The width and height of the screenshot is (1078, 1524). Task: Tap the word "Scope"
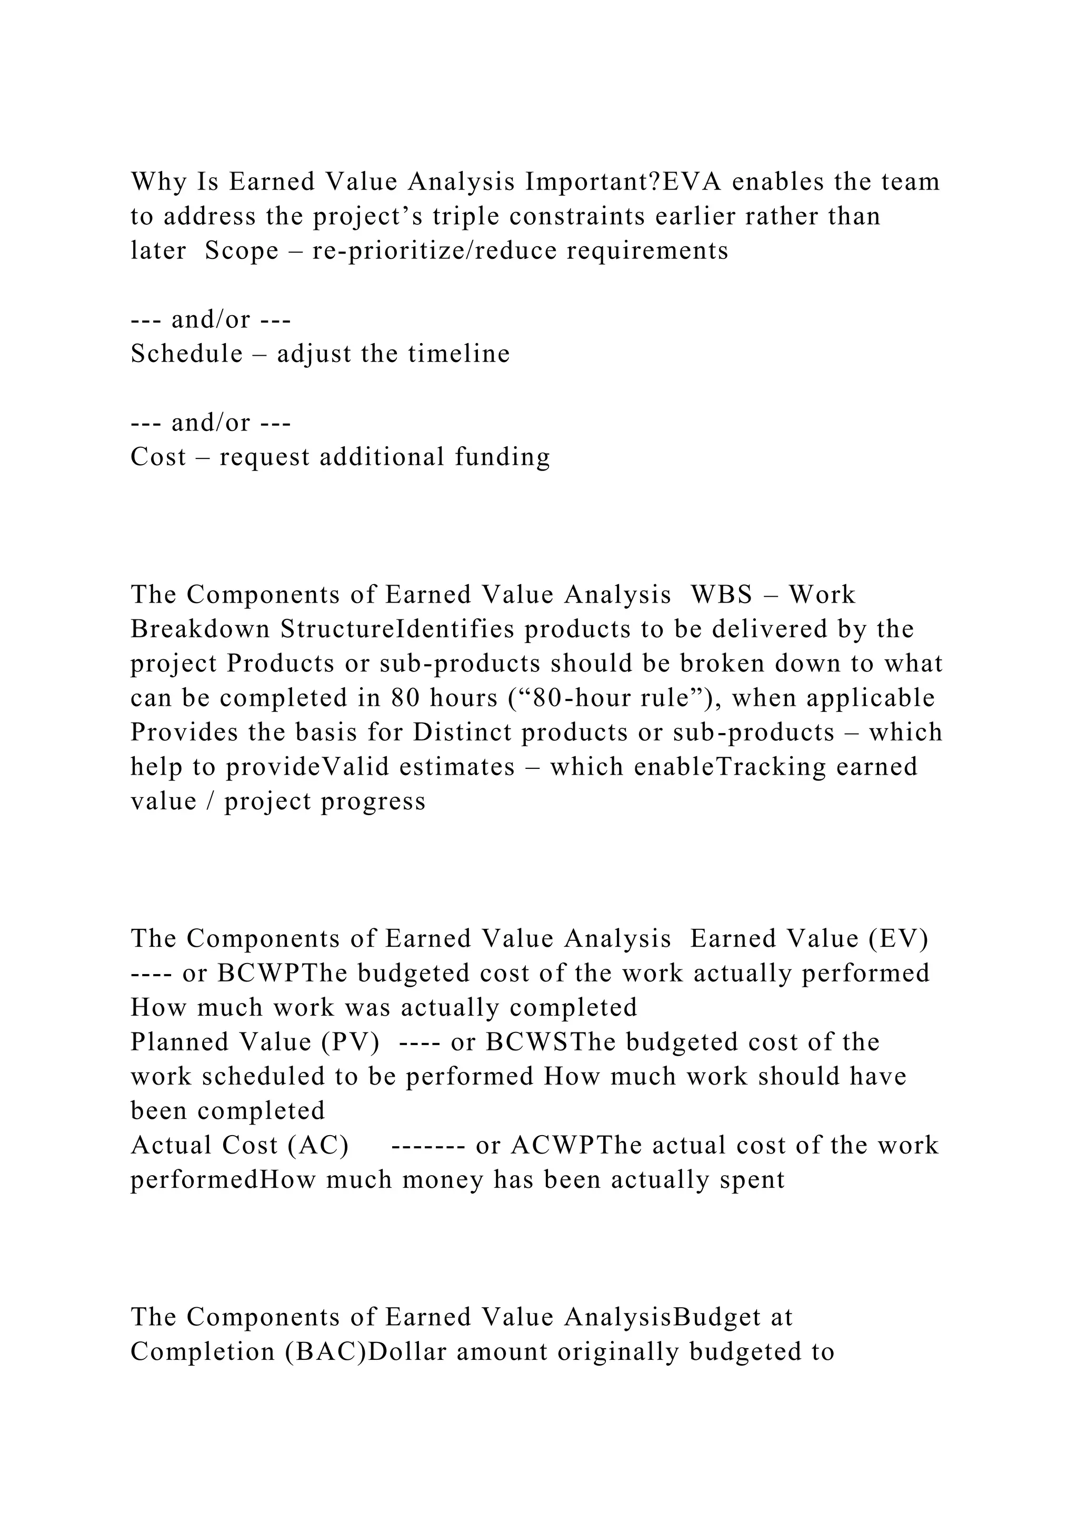(x=242, y=251)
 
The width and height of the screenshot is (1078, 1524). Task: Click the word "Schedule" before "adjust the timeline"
(x=186, y=354)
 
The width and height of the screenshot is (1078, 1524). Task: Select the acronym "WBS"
(x=722, y=594)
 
